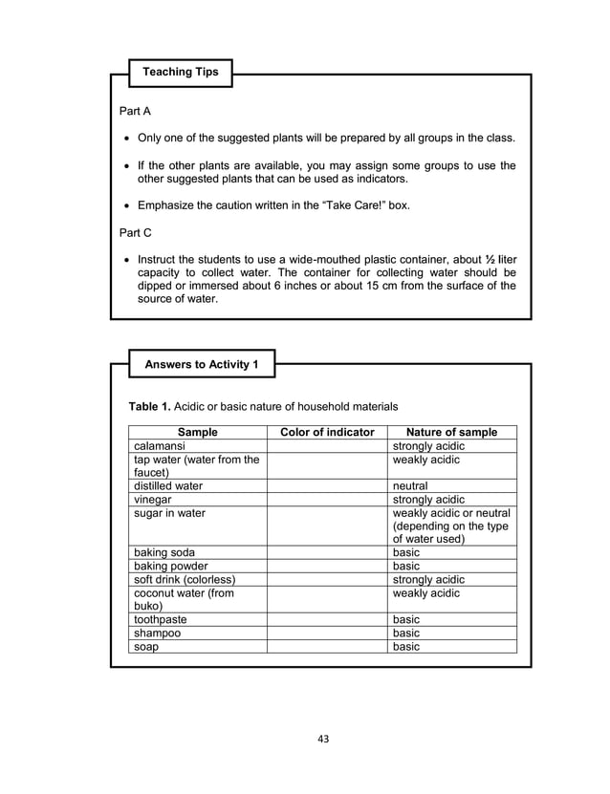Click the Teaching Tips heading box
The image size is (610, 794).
coord(181,72)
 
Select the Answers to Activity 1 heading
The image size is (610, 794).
coord(202,364)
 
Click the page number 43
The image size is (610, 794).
coord(322,738)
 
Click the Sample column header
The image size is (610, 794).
coord(198,432)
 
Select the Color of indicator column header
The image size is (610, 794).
coord(327,432)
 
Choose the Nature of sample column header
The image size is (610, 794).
coord(451,432)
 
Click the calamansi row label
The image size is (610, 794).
coord(160,446)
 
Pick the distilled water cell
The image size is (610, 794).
coord(168,485)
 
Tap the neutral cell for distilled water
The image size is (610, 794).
coord(410,485)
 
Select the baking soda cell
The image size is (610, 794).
coord(164,552)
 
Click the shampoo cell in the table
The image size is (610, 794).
coord(157,633)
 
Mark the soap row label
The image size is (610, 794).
coord(146,646)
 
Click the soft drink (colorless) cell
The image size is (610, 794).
coord(185,579)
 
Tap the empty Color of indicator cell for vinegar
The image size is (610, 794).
coord(327,499)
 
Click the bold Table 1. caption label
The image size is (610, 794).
coord(149,407)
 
